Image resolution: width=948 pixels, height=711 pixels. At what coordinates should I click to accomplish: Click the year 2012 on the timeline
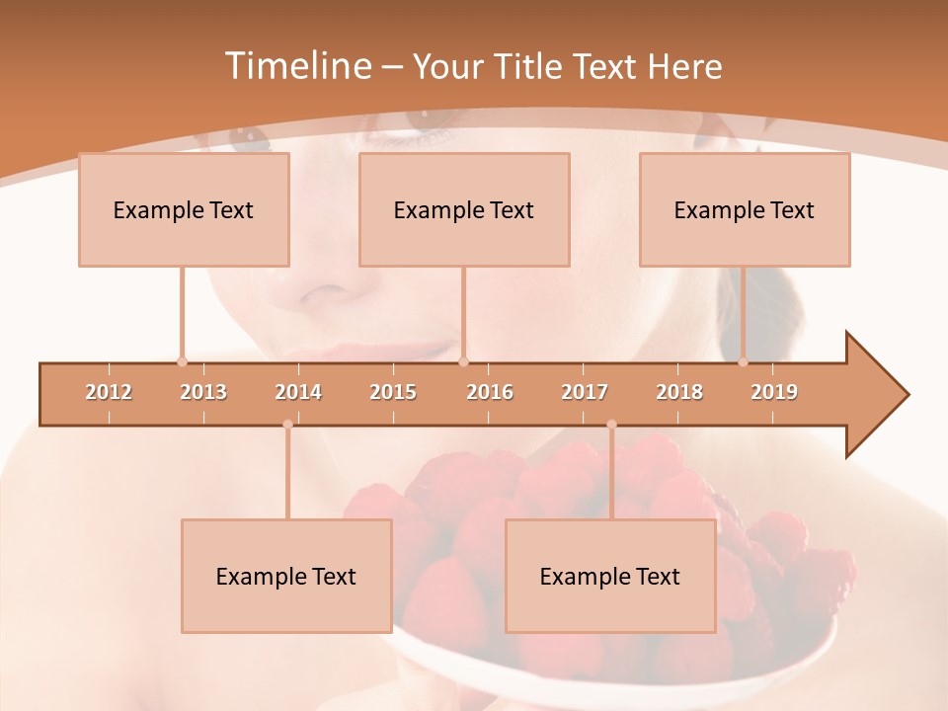[109, 392]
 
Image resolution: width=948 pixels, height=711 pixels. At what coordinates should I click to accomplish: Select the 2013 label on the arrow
[203, 392]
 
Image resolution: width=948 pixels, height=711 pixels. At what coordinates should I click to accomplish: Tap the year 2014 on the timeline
[298, 392]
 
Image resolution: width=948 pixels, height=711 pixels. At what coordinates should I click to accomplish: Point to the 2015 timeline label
[393, 392]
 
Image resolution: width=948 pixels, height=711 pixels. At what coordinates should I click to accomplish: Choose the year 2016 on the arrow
[490, 392]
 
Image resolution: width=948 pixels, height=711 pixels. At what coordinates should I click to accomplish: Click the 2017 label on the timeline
[585, 392]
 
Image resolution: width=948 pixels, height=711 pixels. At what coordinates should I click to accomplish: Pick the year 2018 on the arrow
[679, 392]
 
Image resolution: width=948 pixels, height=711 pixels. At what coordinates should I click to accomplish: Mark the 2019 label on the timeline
[774, 392]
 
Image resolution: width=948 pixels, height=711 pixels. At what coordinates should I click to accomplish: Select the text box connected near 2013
[184, 209]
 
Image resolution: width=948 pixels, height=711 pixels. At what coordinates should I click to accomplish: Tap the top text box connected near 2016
[464, 209]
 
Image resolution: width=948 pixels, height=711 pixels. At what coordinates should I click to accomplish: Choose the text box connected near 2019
[745, 209]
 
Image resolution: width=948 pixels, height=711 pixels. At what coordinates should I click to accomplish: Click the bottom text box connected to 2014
[286, 576]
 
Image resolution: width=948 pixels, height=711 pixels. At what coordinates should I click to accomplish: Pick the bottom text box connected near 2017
[610, 576]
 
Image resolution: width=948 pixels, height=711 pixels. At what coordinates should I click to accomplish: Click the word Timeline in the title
[296, 66]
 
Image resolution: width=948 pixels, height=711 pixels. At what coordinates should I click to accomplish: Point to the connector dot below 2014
[287, 425]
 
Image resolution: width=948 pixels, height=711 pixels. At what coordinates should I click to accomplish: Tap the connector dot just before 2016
[463, 361]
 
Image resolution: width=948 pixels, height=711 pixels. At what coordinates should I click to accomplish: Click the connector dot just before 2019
[744, 361]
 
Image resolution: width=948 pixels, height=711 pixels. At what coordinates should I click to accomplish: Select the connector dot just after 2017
[611, 425]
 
